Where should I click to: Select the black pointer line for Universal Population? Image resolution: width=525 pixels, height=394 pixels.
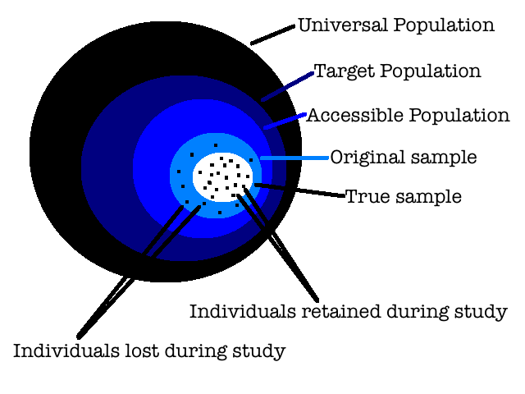pyautogui.click(x=272, y=34)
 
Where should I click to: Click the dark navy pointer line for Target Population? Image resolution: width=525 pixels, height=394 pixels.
pyautogui.click(x=287, y=86)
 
